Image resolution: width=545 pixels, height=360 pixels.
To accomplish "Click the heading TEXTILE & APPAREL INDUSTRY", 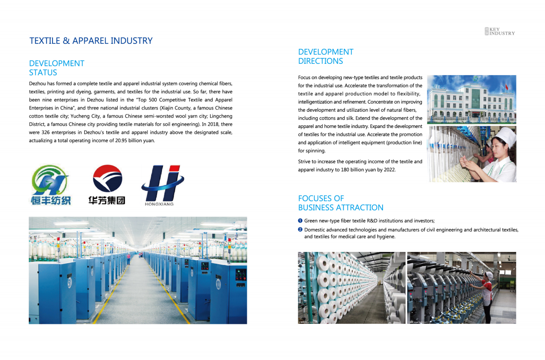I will (x=91, y=41).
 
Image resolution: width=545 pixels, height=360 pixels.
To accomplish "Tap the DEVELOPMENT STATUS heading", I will (x=57, y=68).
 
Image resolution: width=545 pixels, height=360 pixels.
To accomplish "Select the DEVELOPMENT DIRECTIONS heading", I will (x=325, y=57).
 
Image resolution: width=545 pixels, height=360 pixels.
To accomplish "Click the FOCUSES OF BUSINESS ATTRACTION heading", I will (x=340, y=203).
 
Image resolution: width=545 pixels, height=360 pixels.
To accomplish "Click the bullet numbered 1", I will (x=300, y=221).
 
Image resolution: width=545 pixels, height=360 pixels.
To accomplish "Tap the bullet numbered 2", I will (x=300, y=230).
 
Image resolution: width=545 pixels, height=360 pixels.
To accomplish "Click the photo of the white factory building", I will (x=471, y=99).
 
